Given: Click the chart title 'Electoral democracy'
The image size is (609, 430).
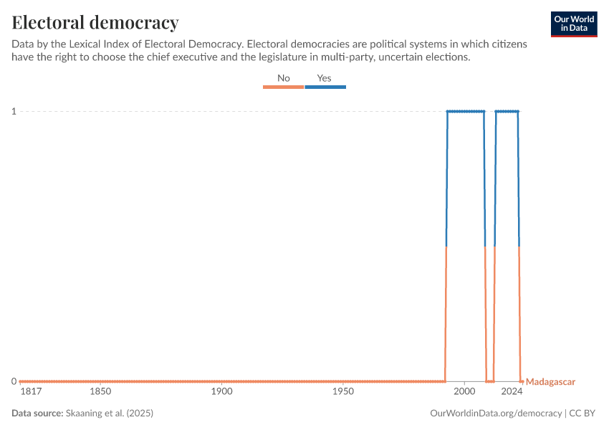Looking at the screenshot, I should (95, 22).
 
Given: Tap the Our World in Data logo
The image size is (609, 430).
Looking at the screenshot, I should (574, 24).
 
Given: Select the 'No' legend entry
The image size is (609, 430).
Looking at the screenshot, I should (284, 78).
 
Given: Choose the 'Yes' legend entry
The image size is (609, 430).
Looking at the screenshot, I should (325, 78).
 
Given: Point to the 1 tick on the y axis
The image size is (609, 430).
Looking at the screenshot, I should (14, 111).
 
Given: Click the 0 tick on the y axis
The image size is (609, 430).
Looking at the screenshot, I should (14, 381).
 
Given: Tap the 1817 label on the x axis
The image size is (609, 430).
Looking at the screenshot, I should (30, 393).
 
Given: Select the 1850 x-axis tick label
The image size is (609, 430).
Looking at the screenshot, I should (100, 393).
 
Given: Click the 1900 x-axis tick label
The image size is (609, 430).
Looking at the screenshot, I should (222, 393).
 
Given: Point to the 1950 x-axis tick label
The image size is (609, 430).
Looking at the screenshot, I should (344, 393).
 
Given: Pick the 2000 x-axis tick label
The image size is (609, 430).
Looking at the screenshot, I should (465, 393).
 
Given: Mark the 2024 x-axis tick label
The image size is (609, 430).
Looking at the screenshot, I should (512, 393).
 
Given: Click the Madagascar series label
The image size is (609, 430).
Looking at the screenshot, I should (551, 382).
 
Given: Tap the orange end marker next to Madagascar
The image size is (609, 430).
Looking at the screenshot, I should (522, 381).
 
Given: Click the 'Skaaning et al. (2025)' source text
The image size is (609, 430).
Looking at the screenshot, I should (110, 414).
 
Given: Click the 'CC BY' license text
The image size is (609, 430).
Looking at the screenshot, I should (584, 414).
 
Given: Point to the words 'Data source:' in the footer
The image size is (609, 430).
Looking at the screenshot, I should (37, 414).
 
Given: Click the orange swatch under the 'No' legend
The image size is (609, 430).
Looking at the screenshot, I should (284, 87).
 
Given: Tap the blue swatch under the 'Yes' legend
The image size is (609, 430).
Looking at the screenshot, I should (325, 87).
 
